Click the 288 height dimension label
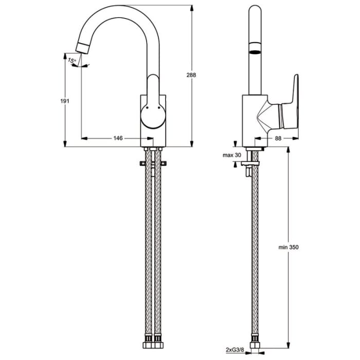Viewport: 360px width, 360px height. tap(191, 75)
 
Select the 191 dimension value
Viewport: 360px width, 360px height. tap(65, 101)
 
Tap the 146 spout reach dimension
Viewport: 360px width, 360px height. tap(118, 138)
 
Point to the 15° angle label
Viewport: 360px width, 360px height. tap(72, 61)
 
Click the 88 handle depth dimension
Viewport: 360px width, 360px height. tap(278, 138)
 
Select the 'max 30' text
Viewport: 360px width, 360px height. tap(231, 155)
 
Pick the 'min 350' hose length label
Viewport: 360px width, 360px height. tap(289, 247)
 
